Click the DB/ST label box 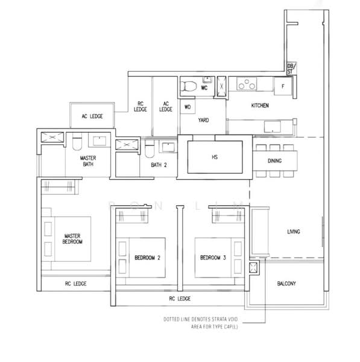[x=291, y=69]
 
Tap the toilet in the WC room [x=189, y=86]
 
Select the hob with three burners [x=247, y=84]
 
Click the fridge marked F [x=283, y=86]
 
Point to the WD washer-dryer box [x=188, y=107]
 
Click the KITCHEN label [x=260, y=106]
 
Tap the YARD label [x=203, y=120]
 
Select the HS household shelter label [x=215, y=157]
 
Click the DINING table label [x=274, y=160]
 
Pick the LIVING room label [x=294, y=231]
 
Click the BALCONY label [x=286, y=284]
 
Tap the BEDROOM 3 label [x=213, y=258]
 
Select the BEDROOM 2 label [x=148, y=258]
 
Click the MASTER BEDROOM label [x=72, y=239]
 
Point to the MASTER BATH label [x=88, y=161]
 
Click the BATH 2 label [x=159, y=165]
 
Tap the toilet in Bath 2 [x=150, y=148]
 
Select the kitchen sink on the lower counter [x=273, y=127]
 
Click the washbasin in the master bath [x=99, y=141]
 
